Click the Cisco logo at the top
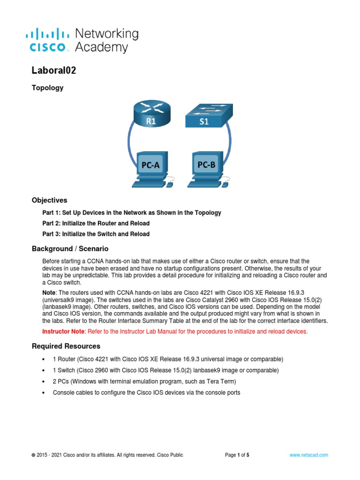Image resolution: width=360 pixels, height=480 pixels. pyautogui.click(x=50, y=40)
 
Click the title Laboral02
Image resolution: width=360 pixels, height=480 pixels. pyautogui.click(x=53, y=71)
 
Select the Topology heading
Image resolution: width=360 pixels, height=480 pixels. pyautogui.click(x=47, y=88)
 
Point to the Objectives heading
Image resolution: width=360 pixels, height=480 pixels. pyautogui.click(x=49, y=200)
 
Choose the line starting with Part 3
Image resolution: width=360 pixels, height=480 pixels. pyautogui.click(x=96, y=234)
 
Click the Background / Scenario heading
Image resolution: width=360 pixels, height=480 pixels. pyautogui.click(x=70, y=248)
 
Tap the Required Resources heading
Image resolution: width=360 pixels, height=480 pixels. pyautogui.click(x=66, y=346)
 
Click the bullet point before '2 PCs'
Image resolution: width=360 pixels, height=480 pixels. pyautogui.click(x=44, y=382)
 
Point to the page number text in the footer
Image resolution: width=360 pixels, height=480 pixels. pyautogui.click(x=237, y=455)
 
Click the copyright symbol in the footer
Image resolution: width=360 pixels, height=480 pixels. pyautogui.click(x=33, y=455)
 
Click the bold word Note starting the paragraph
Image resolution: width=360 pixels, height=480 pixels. pyautogui.click(x=49, y=291)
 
